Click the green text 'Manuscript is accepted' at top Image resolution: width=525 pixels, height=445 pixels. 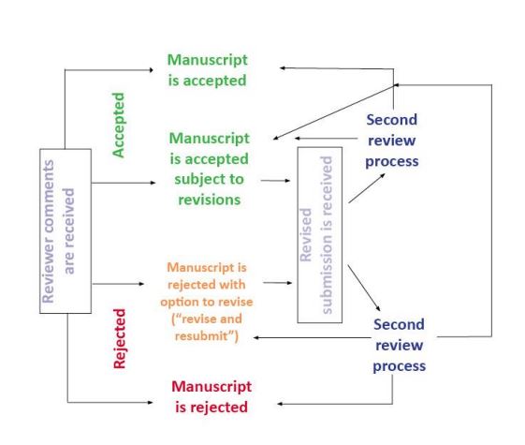point(208,71)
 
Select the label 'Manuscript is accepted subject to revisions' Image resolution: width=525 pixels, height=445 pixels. point(210,169)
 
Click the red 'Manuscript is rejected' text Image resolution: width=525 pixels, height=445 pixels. point(211,396)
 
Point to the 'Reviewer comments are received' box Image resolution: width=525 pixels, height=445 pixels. point(65,230)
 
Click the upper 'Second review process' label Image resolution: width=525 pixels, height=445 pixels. point(391,141)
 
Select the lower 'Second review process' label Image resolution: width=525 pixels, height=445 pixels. point(399,345)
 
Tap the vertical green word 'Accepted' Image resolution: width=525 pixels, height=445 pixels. point(119,125)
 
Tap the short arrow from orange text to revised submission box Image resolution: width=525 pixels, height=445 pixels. point(277,281)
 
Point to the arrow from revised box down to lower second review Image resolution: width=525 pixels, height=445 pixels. point(364,288)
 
